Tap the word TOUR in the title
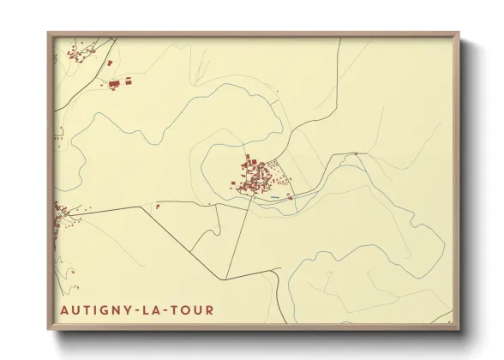pos(189,309)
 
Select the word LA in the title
pos(151,309)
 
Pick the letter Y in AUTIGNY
pos(124,309)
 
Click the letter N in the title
pos(112,309)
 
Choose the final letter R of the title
pos(209,309)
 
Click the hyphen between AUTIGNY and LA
pos(135,309)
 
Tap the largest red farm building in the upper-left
pos(115,83)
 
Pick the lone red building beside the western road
pos(157,206)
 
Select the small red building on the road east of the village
pos(356,154)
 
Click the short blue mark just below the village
pos(275,199)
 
